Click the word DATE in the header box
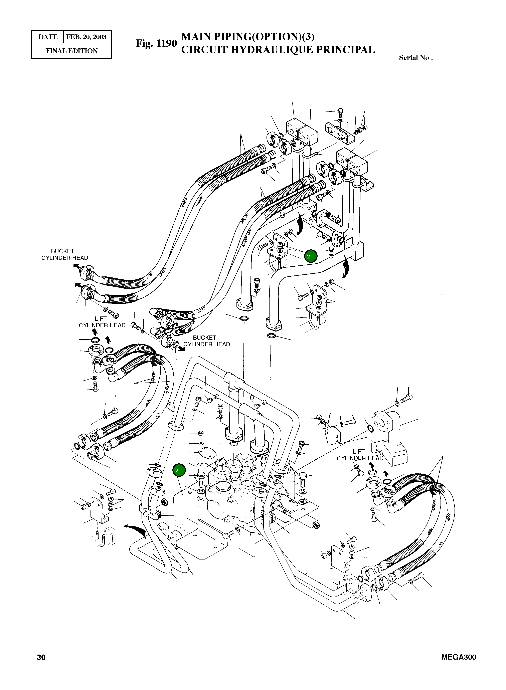(x=48, y=37)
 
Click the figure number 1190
(x=166, y=43)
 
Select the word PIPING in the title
(x=232, y=37)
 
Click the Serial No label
(x=416, y=58)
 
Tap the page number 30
(x=41, y=657)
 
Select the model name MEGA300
(x=459, y=657)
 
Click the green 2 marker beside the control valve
(x=179, y=471)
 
